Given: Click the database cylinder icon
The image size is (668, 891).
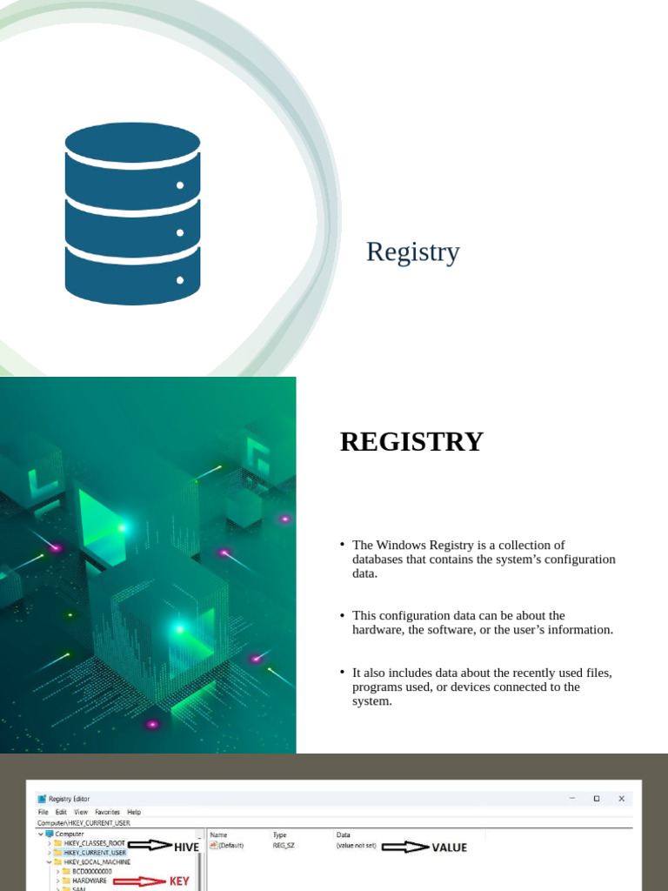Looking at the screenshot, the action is pos(132,214).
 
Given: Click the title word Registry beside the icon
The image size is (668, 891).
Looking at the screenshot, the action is pos(412,252).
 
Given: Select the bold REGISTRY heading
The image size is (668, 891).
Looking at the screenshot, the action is pos(411,442).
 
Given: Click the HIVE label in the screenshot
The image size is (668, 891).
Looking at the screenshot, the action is pos(186,847).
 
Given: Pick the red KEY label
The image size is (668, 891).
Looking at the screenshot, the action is pos(178,881).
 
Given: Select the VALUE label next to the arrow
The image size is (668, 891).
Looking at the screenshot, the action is pos(449,847).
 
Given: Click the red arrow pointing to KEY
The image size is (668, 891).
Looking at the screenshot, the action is pos(139,881).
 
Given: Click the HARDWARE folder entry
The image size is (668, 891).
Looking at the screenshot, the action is pos(90,881).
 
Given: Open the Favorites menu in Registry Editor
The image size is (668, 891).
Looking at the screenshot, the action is pos(108,812).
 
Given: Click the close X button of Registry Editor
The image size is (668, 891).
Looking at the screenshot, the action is pos(621,798).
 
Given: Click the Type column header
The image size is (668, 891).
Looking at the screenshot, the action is pos(279,834).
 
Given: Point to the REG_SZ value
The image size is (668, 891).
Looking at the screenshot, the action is pos(284,845).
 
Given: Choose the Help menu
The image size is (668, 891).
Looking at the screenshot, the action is pos(134,812).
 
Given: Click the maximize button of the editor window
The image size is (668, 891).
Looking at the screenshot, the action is pos(596,798).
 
